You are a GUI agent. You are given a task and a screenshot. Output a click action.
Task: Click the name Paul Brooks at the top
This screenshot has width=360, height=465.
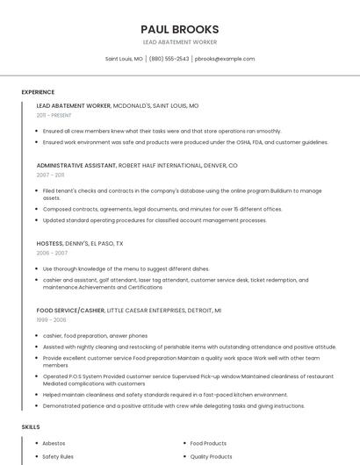pos(180,29)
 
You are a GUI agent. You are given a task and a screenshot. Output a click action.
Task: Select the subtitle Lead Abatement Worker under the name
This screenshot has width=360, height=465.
pos(180,42)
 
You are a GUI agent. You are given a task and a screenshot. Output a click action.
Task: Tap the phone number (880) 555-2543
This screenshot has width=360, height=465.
pos(169,59)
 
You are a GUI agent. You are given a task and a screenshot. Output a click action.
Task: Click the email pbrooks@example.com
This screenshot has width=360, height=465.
pos(225,59)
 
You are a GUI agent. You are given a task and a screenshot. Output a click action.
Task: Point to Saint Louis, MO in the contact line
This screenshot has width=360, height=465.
pos(124,59)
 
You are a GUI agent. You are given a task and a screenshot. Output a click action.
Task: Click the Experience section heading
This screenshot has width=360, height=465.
pos(38,92)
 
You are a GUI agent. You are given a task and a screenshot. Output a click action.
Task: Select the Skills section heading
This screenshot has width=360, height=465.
pos(31,426)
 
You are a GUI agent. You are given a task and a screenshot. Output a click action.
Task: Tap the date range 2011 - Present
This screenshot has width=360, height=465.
pos(54,115)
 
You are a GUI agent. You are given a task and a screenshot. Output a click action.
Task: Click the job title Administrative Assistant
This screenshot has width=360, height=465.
pos(76,165)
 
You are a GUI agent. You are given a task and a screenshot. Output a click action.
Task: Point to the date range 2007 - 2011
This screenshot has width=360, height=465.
pos(50,175)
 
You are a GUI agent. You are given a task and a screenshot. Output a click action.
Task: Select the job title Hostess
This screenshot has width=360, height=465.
pos(49,243)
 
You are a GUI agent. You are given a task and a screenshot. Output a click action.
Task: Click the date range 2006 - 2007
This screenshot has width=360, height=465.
pos(52,253)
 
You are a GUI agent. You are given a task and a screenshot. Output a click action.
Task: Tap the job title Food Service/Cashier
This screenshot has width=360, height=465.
pos(70,311)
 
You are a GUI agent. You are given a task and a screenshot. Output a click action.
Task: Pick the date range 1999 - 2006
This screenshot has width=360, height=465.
pos(51,320)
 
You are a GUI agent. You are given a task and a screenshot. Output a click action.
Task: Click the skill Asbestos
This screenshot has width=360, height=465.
pos(54,443)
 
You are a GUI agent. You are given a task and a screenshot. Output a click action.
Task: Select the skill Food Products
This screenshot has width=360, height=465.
pos(208,443)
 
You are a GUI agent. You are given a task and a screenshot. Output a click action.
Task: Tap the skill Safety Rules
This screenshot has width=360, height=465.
pos(58,456)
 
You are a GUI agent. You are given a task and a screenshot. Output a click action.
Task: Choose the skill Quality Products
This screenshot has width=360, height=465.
pos(211,456)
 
